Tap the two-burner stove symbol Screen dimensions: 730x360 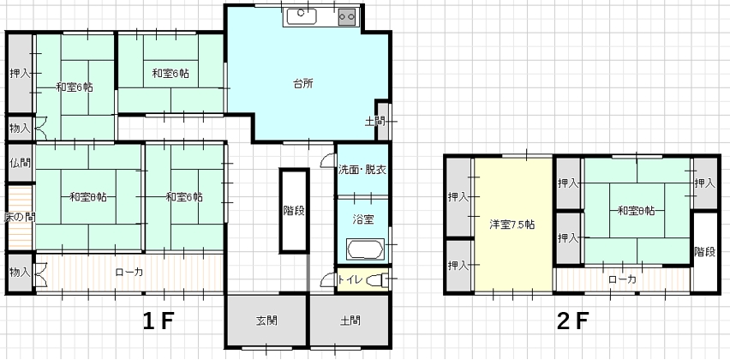tap(347, 17)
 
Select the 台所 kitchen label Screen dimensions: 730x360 tap(302, 84)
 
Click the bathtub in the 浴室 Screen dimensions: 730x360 tap(365, 249)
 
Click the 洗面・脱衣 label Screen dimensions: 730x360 tap(362, 170)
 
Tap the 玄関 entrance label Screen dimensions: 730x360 tap(266, 321)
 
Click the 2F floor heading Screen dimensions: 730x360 tap(572, 321)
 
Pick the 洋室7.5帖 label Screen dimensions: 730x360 tap(512, 225)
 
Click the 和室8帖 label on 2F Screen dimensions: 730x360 tap(636, 211)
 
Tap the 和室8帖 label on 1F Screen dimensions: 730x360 tap(88, 197)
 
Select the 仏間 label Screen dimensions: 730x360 tap(20, 163)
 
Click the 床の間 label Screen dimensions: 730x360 tap(19, 217)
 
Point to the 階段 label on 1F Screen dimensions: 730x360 tap(294, 211)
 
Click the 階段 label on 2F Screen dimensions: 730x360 tap(704, 251)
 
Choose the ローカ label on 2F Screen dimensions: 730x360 tap(622, 279)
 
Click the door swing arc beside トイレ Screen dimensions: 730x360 tap(326, 279)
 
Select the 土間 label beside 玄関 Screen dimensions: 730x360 tap(350, 321)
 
